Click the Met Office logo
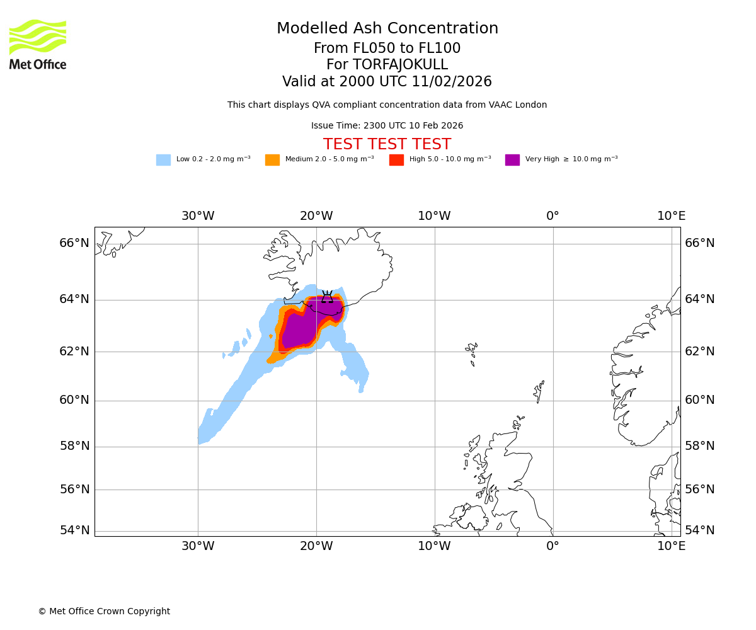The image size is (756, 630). pyautogui.click(x=38, y=44)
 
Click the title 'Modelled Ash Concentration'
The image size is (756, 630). pyautogui.click(x=387, y=29)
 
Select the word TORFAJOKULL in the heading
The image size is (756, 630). pyautogui.click(x=400, y=65)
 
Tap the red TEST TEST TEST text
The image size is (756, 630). pyautogui.click(x=387, y=145)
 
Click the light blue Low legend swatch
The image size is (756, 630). pyautogui.click(x=163, y=160)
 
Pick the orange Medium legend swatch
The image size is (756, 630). pyautogui.click(x=272, y=160)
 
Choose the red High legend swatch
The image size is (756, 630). pyautogui.click(x=396, y=160)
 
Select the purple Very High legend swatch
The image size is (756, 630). pyautogui.click(x=512, y=160)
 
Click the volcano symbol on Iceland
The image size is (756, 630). pyautogui.click(x=327, y=297)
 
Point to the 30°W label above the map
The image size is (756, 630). pyautogui.click(x=198, y=216)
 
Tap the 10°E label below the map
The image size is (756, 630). pyautogui.click(x=671, y=546)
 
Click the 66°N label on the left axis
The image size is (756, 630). pyautogui.click(x=74, y=243)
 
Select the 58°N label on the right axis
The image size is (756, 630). pyautogui.click(x=700, y=446)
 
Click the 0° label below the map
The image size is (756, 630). pyautogui.click(x=553, y=546)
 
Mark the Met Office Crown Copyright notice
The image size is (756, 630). pyautogui.click(x=104, y=612)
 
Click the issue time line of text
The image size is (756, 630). pyautogui.click(x=387, y=126)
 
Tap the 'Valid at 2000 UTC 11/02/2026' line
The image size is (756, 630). pyautogui.click(x=387, y=82)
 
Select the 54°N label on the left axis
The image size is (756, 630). pyautogui.click(x=74, y=530)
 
